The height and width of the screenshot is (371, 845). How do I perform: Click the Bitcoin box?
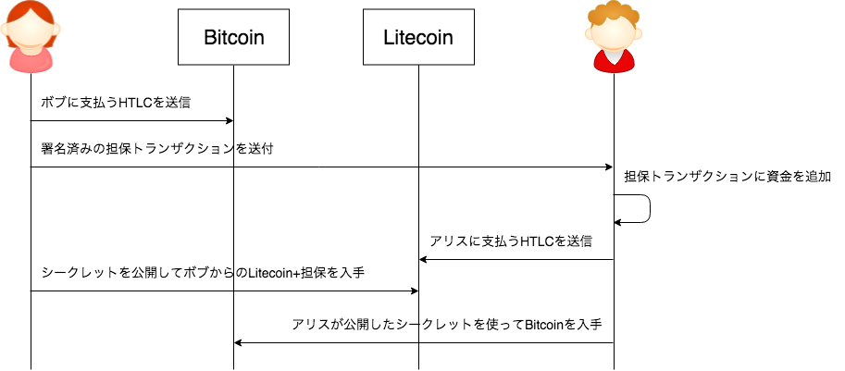coord(234,37)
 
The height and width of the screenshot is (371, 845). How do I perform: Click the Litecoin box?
coord(418,37)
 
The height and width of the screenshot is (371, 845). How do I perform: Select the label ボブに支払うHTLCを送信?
coord(116,103)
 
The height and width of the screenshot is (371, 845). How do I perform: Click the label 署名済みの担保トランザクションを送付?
coord(156,149)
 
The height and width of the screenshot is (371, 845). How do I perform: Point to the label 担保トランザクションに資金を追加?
coord(727,177)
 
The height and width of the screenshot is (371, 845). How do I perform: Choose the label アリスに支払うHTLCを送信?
coord(511,241)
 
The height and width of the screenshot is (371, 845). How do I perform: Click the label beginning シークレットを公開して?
coord(204,273)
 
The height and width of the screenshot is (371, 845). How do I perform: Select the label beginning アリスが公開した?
coord(447,325)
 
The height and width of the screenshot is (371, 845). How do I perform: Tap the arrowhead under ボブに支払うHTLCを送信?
coord(230,120)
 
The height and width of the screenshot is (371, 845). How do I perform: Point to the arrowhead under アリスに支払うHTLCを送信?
coord(423,260)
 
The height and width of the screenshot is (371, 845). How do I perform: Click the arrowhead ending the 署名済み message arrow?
coord(610,167)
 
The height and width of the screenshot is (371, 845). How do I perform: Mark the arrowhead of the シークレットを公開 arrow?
coord(415,291)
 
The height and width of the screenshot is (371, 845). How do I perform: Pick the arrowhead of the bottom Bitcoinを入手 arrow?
coord(238,342)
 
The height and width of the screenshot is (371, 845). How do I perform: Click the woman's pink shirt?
coord(31,60)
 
